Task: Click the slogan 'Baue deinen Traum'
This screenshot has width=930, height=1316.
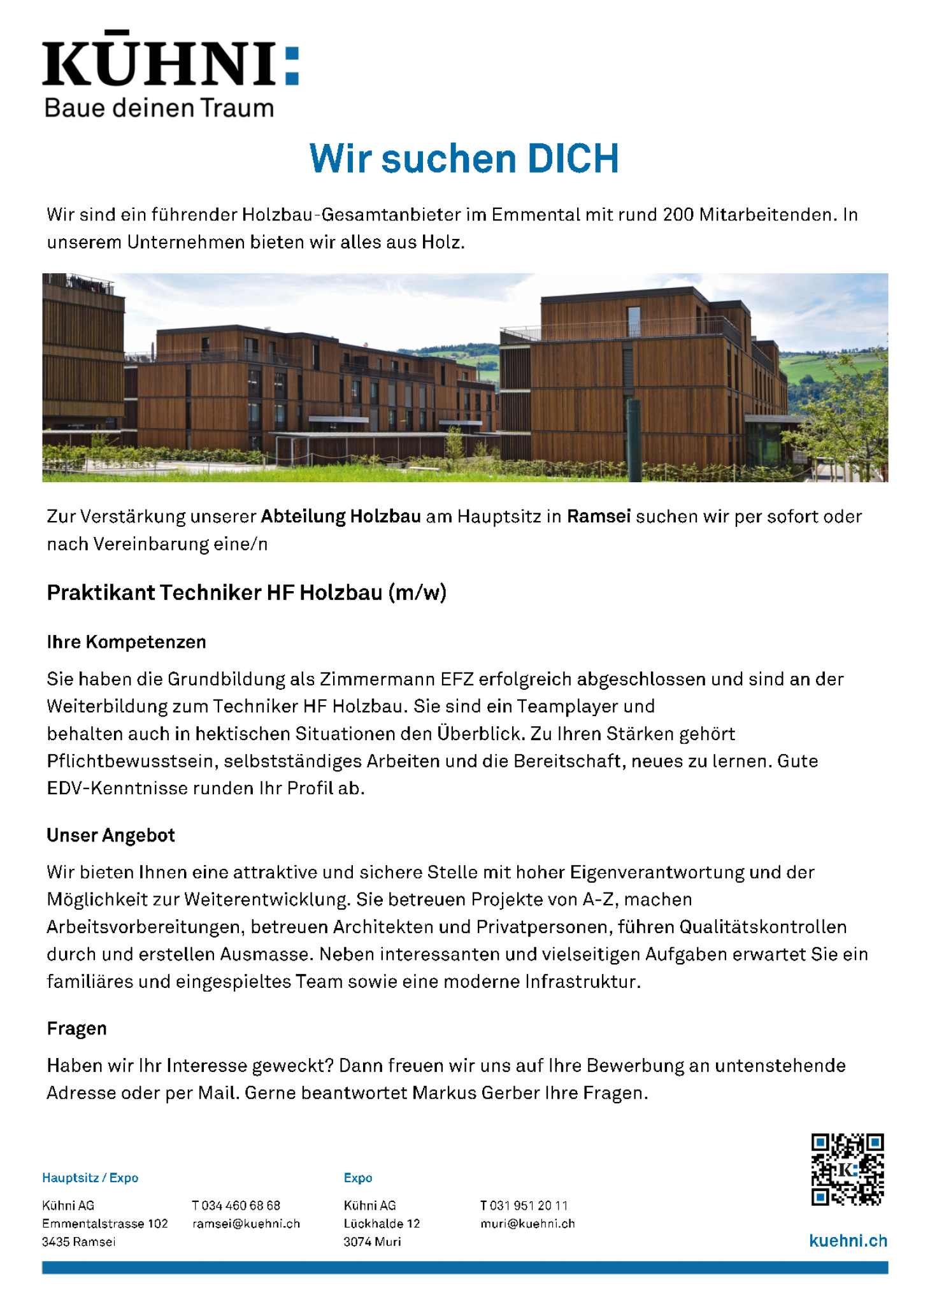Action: [159, 108]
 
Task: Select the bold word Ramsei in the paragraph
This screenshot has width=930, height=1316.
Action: [598, 516]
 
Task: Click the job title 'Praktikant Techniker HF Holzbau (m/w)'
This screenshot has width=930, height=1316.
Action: [247, 592]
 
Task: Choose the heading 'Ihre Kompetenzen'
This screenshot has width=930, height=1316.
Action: [126, 641]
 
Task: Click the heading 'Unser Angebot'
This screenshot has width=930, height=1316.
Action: [110, 835]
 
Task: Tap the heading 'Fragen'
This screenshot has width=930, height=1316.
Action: [76, 1028]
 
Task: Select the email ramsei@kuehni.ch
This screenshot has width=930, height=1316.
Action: [246, 1223]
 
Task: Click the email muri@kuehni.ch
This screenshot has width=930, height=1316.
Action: [527, 1223]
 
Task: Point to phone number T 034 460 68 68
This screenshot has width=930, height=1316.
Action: [236, 1205]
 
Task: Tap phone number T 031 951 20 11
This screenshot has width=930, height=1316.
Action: [523, 1205]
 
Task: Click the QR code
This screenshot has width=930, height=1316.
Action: [847, 1169]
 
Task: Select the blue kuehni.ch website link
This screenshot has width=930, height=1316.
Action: [848, 1240]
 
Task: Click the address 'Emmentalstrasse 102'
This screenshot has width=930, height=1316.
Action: [105, 1223]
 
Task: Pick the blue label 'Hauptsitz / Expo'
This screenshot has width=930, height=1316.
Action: [90, 1177]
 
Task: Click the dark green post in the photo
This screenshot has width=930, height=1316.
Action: [634, 440]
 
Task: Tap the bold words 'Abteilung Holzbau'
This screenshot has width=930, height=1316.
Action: [341, 516]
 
